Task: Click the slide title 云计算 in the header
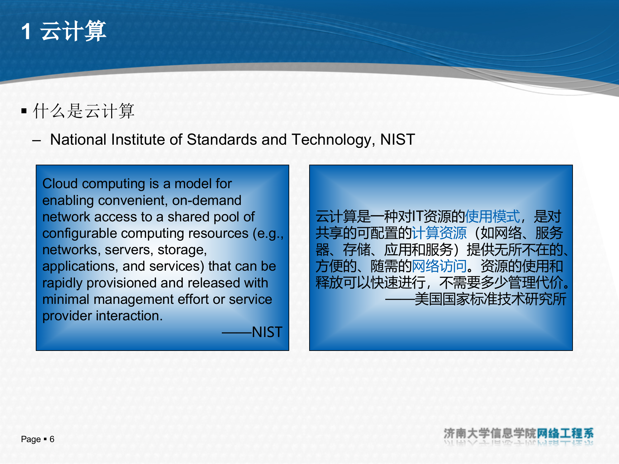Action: pyautogui.click(x=73, y=31)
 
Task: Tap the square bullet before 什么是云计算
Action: pyautogui.click(x=24, y=111)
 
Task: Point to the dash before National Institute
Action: pyautogui.click(x=36, y=140)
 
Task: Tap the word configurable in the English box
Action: pyautogui.click(x=80, y=234)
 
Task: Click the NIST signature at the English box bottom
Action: pyautogui.click(x=267, y=332)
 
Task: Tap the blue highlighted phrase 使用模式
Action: pyautogui.click(x=492, y=217)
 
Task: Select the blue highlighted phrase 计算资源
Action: pyautogui.click(x=439, y=233)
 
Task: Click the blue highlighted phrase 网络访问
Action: pyautogui.click(x=439, y=266)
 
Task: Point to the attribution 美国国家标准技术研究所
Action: pyautogui.click(x=490, y=299)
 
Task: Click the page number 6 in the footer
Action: pyautogui.click(x=52, y=439)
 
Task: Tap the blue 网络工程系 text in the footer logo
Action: pyautogui.click(x=565, y=433)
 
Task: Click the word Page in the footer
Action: pyautogui.click(x=31, y=439)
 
